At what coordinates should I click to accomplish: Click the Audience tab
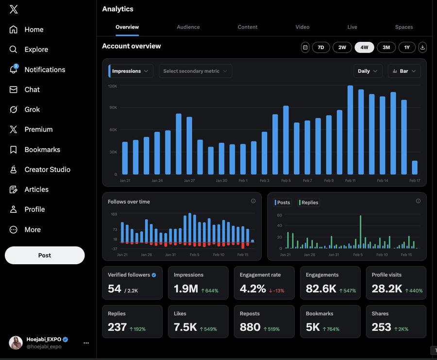tap(188, 27)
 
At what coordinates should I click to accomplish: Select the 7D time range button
tap(321, 47)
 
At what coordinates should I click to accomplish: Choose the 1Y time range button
tap(407, 47)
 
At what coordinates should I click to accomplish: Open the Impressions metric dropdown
tap(130, 71)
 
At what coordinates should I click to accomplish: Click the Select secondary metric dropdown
tap(195, 71)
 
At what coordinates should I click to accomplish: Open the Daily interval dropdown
tap(368, 71)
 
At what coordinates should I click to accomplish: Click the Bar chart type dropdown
tap(404, 71)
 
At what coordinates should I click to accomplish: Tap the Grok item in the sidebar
tap(32, 110)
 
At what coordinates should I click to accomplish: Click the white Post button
tap(45, 256)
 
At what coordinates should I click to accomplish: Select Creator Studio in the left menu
tap(47, 170)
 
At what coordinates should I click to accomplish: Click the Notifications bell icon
tap(14, 69)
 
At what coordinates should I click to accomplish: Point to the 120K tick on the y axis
tap(112, 86)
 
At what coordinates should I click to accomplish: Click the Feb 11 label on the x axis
tap(350, 181)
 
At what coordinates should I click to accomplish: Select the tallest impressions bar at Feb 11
tap(350, 130)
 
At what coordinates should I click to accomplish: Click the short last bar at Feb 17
tap(415, 168)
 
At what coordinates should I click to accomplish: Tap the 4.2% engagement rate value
tap(252, 289)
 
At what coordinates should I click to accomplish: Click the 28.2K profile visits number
tap(387, 289)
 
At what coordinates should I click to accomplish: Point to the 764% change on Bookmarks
tap(333, 329)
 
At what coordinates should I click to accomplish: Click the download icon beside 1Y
tap(422, 47)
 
